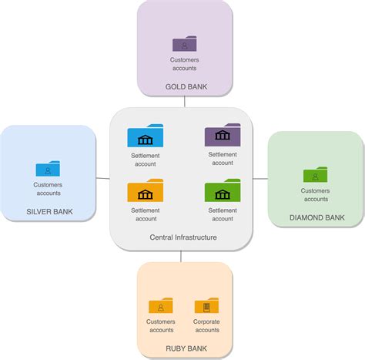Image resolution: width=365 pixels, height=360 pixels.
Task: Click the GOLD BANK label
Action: click(186, 86)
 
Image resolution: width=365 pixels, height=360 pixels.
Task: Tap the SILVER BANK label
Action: click(49, 211)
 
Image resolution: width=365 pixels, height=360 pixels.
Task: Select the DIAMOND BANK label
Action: click(317, 217)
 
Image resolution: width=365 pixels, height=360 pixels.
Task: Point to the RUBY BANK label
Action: click(186, 348)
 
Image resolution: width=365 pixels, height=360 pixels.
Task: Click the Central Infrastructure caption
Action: click(183, 237)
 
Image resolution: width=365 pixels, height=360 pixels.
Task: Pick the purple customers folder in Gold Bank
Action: click(185, 43)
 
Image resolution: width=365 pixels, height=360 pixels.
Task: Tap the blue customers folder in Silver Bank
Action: click(48, 169)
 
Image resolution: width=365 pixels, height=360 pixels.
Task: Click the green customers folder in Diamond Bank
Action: click(315, 174)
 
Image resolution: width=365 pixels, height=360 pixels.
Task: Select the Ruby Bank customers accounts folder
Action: click(161, 305)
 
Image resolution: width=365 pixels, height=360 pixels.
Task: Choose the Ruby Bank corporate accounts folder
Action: click(206, 305)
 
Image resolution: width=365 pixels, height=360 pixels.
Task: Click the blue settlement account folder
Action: click(146, 136)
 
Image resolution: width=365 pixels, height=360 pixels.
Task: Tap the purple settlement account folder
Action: click(223, 135)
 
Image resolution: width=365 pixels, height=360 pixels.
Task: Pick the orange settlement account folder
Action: click(146, 190)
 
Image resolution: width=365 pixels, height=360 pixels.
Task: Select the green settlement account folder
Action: click(223, 190)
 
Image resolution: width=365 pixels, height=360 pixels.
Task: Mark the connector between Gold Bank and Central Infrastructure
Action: click(185, 102)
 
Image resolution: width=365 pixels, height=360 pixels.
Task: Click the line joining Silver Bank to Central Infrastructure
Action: click(102, 178)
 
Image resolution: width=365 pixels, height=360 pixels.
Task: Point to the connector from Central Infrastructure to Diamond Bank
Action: click(260, 178)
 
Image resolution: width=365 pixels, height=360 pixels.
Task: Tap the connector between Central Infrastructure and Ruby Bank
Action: click(181, 257)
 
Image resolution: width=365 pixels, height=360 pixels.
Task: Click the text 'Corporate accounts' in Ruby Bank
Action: click(206, 325)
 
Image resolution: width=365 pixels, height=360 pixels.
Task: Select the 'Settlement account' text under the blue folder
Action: click(146, 160)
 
